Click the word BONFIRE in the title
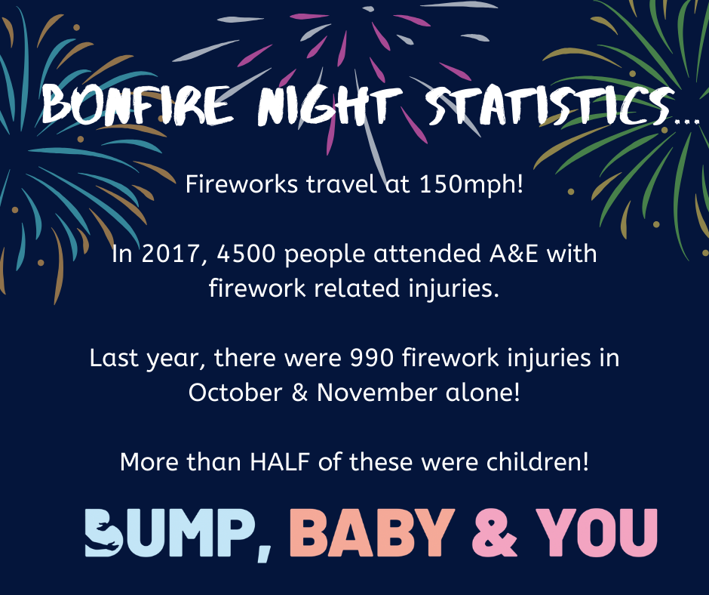click(137, 105)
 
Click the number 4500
click(246, 254)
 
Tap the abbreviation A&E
click(514, 254)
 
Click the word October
click(235, 393)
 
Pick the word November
click(377, 393)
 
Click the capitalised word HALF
click(280, 462)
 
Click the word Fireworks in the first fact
click(241, 185)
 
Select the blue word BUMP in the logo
click(171, 532)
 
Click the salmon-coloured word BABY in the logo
click(372, 532)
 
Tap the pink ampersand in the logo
click(494, 532)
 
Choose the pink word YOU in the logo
click(597, 532)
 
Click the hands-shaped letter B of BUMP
click(103, 532)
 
